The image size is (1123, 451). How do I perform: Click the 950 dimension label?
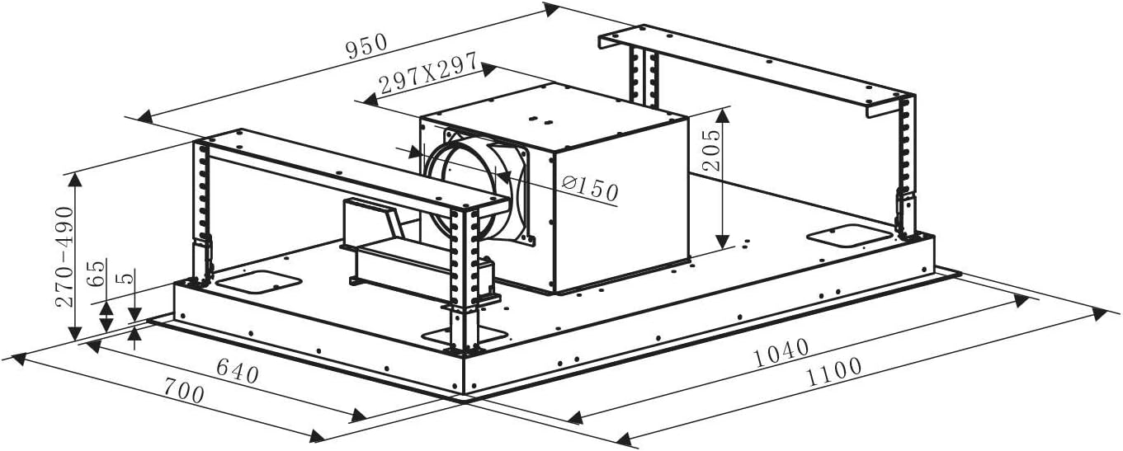367,47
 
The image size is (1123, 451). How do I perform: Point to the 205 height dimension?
710,150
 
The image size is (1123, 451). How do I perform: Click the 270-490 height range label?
64,256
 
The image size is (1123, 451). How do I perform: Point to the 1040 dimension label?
781,352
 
